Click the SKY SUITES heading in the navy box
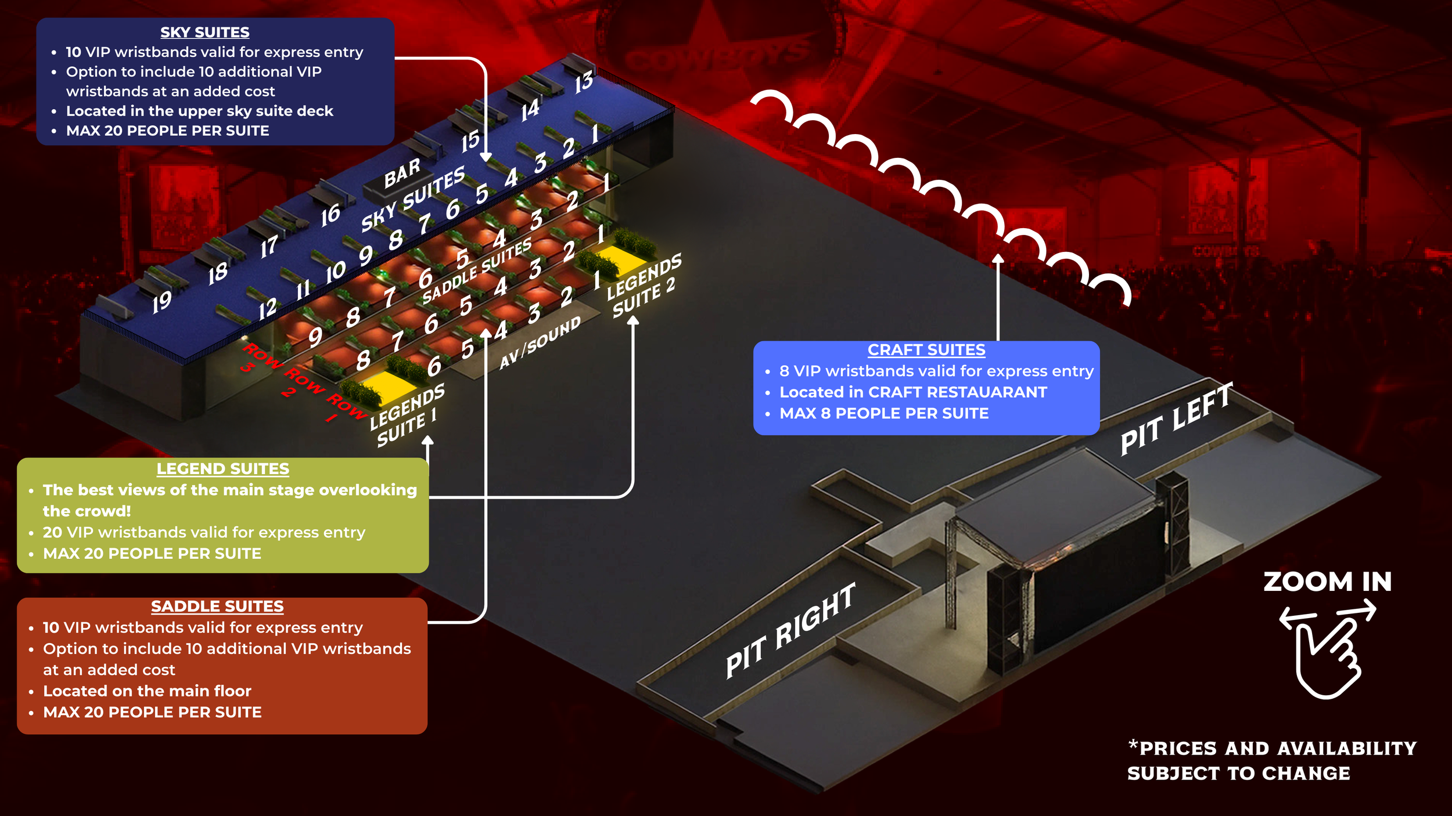pos(204,33)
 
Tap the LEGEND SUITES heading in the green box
pos(222,469)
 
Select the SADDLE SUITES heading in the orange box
pos(217,606)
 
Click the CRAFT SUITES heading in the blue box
pos(926,350)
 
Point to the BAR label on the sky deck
pos(402,173)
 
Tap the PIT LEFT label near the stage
pos(1176,419)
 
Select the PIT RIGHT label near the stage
pos(790,631)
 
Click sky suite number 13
pos(584,82)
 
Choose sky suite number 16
pos(330,215)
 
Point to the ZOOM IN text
pos(1327,582)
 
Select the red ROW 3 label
pos(258,358)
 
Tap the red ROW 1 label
pos(344,407)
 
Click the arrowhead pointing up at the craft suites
pos(998,259)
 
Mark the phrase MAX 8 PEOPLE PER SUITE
pos(883,414)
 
